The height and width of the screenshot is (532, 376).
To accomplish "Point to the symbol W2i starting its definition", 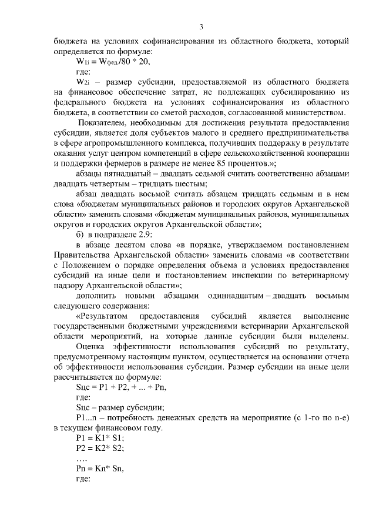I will pyautogui.click(x=83, y=82).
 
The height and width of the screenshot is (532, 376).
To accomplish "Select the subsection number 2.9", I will pyautogui.click(x=144, y=235).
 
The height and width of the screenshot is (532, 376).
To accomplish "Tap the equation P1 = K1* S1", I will pyautogui.click(x=100, y=439).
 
